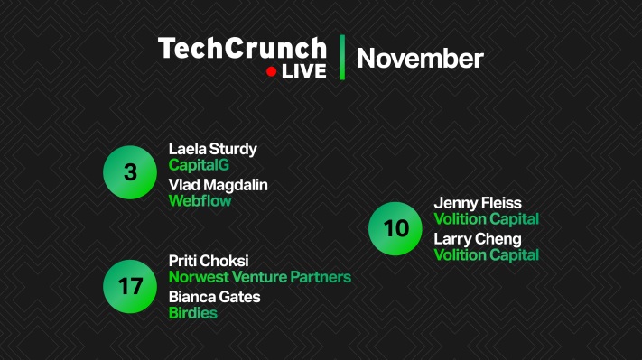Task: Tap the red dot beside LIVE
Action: (x=271, y=71)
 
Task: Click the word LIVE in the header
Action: (x=303, y=71)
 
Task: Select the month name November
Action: (x=420, y=59)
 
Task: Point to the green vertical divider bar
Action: (x=341, y=58)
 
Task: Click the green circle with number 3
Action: (x=130, y=171)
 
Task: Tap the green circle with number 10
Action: (x=395, y=228)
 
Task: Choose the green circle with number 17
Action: (x=130, y=287)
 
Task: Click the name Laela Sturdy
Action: (x=212, y=149)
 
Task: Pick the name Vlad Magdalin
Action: (x=218, y=185)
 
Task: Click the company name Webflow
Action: (x=200, y=201)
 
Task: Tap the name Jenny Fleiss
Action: (x=477, y=203)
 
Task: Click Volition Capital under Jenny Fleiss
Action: (x=486, y=219)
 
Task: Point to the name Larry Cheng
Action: (x=477, y=239)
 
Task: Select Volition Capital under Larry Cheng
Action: (x=486, y=255)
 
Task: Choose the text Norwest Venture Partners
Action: (x=259, y=277)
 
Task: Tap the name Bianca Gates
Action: (x=214, y=297)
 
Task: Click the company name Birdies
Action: (x=192, y=313)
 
